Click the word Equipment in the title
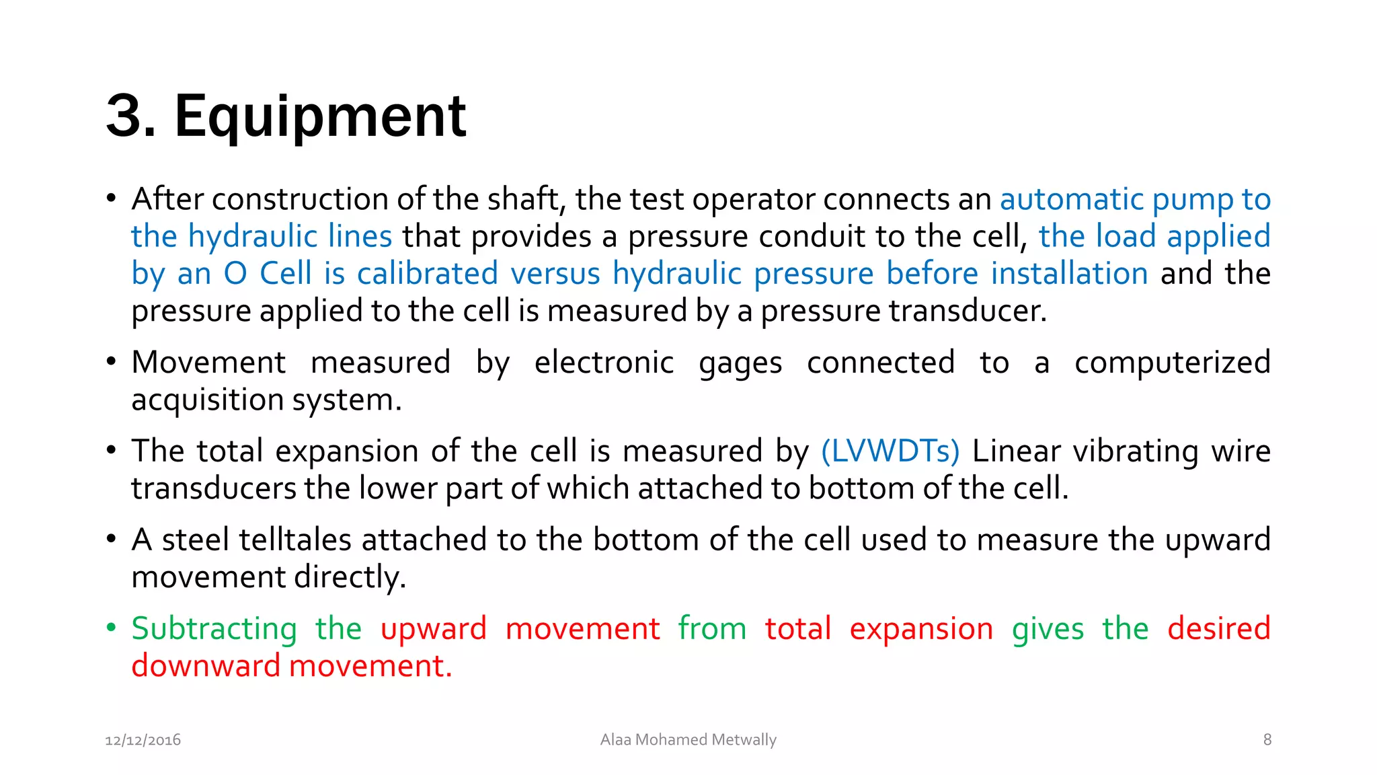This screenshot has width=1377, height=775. coord(320,117)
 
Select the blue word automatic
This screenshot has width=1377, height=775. coord(1072,199)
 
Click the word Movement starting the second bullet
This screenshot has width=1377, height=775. coord(208,363)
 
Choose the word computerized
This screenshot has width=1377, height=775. coord(1172,363)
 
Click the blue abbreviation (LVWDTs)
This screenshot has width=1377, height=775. coord(890,451)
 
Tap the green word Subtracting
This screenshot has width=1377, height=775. coord(214,628)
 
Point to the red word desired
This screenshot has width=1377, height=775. coord(1218,628)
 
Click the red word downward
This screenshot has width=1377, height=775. coord(206,666)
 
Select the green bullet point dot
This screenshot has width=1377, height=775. coord(112,628)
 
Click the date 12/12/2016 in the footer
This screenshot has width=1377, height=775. coord(143,740)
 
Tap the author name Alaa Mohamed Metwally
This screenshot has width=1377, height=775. coord(688,740)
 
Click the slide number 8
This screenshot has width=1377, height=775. coord(1267,740)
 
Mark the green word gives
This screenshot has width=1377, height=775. coord(1048,628)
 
